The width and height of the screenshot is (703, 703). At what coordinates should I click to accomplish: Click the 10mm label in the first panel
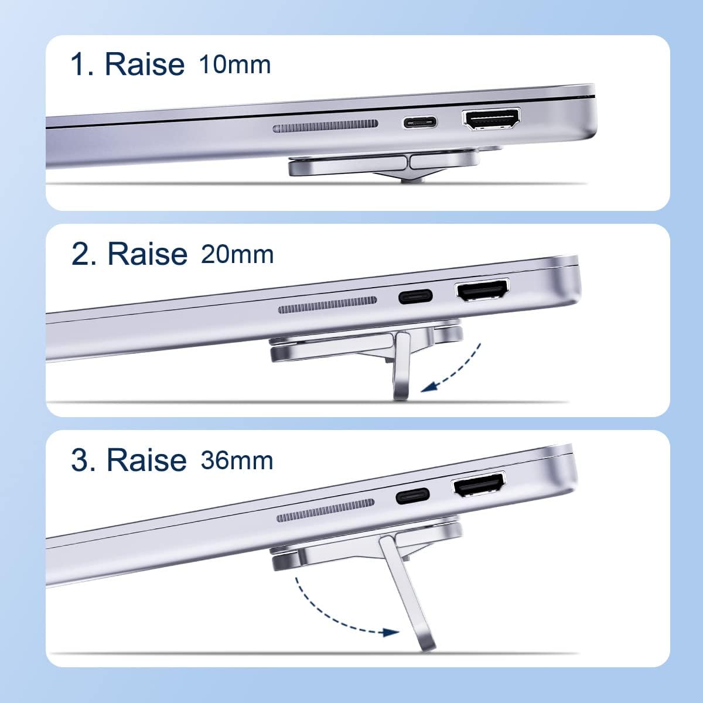[235, 64]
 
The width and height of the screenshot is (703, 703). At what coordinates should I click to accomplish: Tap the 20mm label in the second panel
[237, 254]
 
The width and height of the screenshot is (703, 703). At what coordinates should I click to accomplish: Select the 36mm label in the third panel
[237, 460]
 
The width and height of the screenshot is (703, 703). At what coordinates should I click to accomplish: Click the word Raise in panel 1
[144, 64]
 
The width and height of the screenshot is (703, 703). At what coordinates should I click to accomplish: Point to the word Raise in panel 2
[147, 254]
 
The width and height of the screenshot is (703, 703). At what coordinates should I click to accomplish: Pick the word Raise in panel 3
[146, 460]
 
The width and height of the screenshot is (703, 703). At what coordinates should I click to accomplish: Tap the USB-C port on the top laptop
[419, 123]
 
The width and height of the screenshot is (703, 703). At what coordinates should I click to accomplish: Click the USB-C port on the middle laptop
[415, 296]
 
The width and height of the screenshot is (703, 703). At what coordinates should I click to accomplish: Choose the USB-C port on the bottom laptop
[412, 496]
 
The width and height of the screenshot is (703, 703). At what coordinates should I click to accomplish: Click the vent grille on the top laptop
[325, 126]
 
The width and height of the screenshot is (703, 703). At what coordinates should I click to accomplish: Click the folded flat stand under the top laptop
[375, 166]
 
